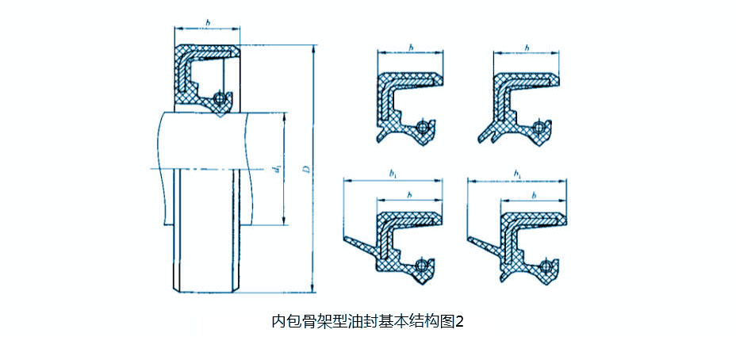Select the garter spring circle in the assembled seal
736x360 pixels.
pos(221,98)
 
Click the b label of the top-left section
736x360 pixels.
pos(411,48)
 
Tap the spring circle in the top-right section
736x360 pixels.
pos(540,127)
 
